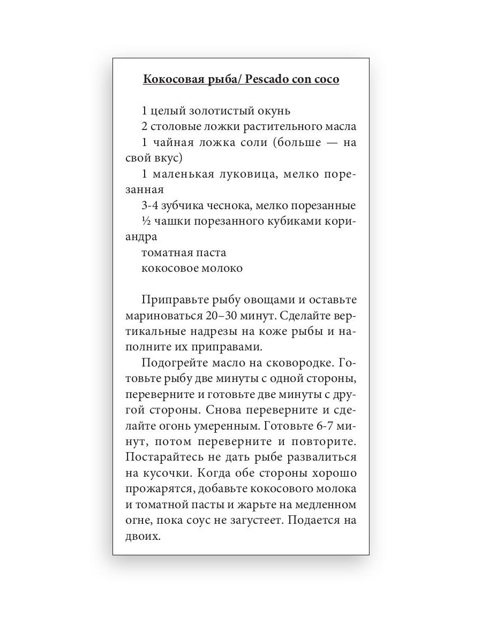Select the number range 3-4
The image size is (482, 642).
pyautogui.click(x=150, y=205)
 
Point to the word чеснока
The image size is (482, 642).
pyautogui.click(x=231, y=205)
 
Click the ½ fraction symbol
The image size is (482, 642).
pyautogui.click(x=145, y=221)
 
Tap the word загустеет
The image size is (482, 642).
pyautogui.click(x=257, y=521)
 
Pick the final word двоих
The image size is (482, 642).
pyautogui.click(x=144, y=536)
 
